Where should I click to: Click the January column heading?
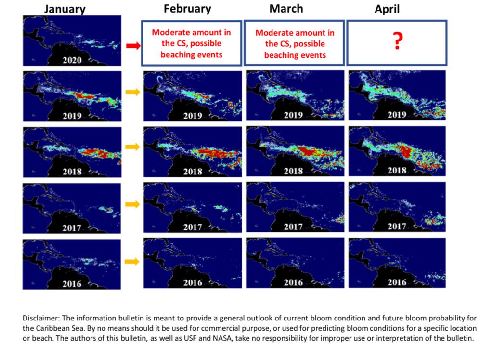click(x=65, y=9)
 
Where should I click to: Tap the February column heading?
click(x=187, y=9)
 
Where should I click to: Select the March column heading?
click(x=286, y=9)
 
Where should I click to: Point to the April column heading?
click(x=387, y=9)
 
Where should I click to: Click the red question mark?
click(x=398, y=41)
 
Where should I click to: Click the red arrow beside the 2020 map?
click(x=133, y=46)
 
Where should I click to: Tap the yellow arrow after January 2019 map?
click(x=132, y=92)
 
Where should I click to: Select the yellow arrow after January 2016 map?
click(x=132, y=261)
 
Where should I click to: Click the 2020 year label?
click(x=72, y=60)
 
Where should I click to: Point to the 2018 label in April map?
click(x=397, y=170)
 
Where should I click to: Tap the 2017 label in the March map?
click(x=293, y=227)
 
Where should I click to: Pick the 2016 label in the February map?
click(x=193, y=282)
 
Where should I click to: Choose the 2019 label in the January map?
click(x=72, y=116)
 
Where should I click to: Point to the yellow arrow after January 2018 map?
click(x=132, y=147)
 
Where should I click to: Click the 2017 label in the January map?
click(x=72, y=227)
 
